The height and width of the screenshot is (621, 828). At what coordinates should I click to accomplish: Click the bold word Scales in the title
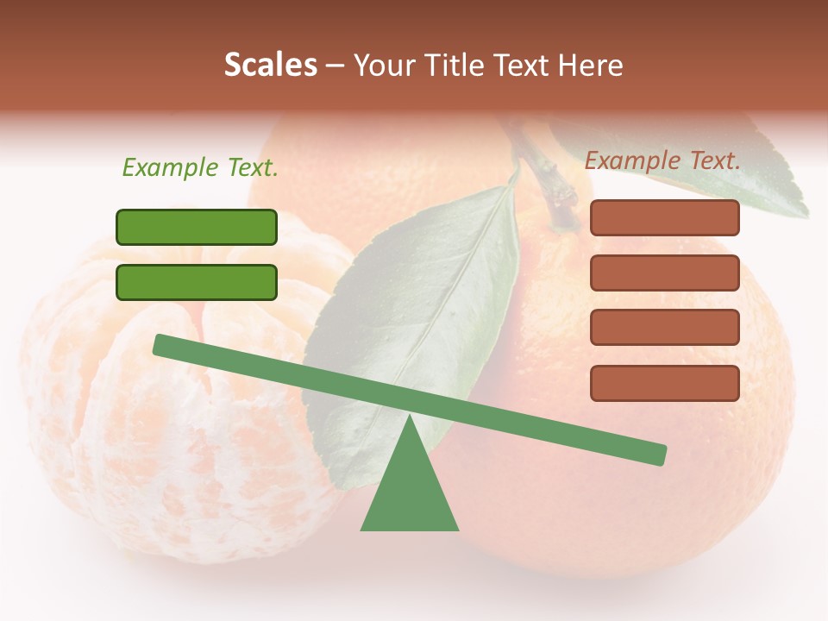coord(270,65)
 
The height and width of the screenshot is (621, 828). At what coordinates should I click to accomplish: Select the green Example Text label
coord(200,168)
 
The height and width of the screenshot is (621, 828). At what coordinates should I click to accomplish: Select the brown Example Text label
coord(662,160)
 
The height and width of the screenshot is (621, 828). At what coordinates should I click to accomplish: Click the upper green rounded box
coord(197,227)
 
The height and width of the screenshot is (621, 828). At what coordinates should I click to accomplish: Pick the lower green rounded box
coord(197,282)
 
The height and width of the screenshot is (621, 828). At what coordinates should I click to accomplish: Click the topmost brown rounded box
coord(664,218)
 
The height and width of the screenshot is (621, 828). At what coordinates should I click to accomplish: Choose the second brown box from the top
coord(664,273)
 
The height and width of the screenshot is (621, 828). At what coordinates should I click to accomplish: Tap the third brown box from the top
coord(664,328)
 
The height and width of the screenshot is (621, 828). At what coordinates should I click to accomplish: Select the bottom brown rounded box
coord(664,383)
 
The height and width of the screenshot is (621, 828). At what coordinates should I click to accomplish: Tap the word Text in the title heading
coord(520,65)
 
